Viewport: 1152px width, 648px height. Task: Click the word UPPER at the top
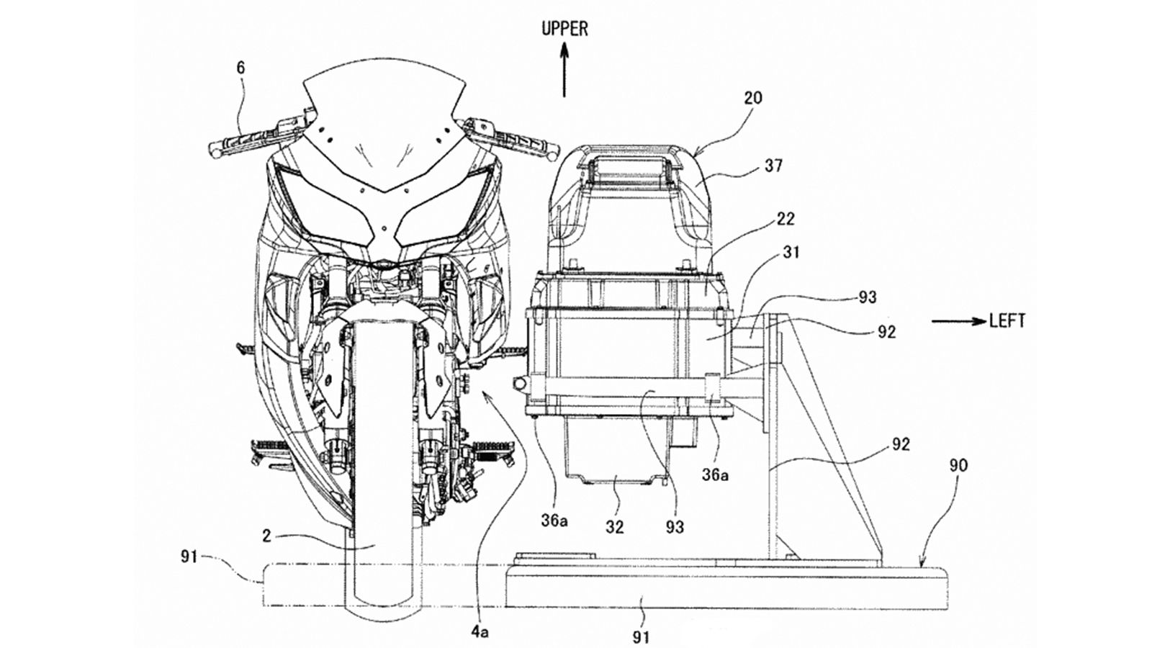(564, 29)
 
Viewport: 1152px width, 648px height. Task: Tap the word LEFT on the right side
(1007, 321)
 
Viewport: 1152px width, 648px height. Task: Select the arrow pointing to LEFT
(958, 322)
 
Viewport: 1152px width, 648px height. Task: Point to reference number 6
(240, 68)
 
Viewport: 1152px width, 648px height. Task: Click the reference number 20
(753, 98)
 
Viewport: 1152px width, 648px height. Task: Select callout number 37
(774, 166)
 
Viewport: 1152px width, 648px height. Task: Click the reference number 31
(790, 253)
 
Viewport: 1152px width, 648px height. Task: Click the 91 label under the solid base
(642, 636)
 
